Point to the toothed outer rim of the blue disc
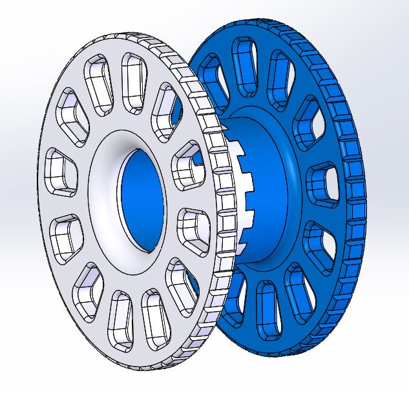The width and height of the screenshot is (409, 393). tap(352, 194)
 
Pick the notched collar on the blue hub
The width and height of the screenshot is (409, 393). tap(242, 194)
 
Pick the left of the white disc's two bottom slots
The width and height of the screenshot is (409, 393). tap(120, 316)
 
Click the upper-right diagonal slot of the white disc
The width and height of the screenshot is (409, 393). tap(165, 106)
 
